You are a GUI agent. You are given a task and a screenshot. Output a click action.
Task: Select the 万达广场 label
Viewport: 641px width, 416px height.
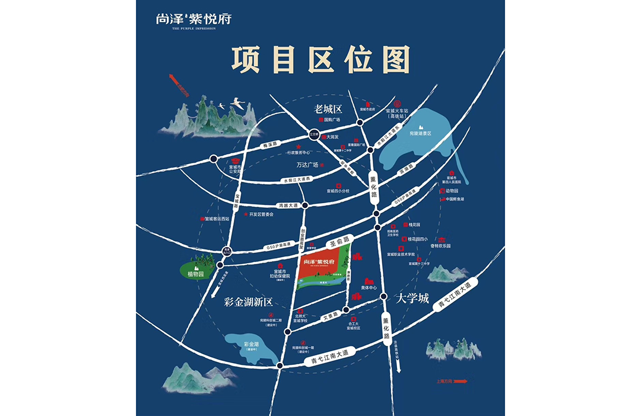pos(307,165)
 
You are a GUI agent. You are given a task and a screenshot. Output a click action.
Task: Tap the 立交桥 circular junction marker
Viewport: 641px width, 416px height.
pos(315,134)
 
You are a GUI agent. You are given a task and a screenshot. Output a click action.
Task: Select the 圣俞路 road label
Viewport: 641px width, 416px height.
pos(339,241)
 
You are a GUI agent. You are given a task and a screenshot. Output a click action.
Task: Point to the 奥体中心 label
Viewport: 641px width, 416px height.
pos(369,288)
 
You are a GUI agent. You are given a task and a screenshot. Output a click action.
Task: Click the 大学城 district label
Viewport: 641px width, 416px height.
pos(413,298)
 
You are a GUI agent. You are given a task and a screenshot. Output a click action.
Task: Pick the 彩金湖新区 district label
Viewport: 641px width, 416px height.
pos(248,302)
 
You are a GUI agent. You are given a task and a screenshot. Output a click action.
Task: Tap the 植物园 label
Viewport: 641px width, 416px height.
pos(195,275)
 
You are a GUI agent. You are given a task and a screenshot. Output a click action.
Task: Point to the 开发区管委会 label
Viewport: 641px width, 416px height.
pos(261,214)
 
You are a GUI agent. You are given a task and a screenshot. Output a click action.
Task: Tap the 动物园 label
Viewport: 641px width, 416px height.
pos(452,191)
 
